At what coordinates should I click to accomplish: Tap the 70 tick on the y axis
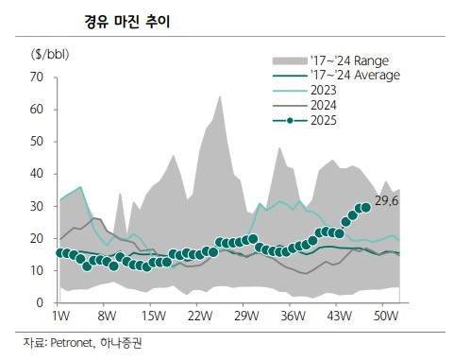pyautogui.click(x=38, y=77)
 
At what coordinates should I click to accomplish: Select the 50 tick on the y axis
pyautogui.click(x=38, y=142)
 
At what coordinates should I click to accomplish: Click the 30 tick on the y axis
pyautogui.click(x=38, y=206)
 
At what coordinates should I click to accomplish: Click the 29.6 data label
pyautogui.click(x=387, y=200)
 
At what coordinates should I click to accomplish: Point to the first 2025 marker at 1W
pyautogui.click(x=61, y=252)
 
